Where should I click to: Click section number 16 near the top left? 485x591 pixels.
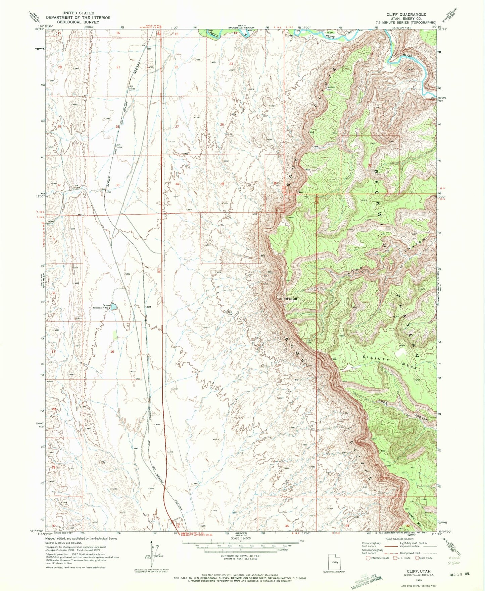click(118, 33)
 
